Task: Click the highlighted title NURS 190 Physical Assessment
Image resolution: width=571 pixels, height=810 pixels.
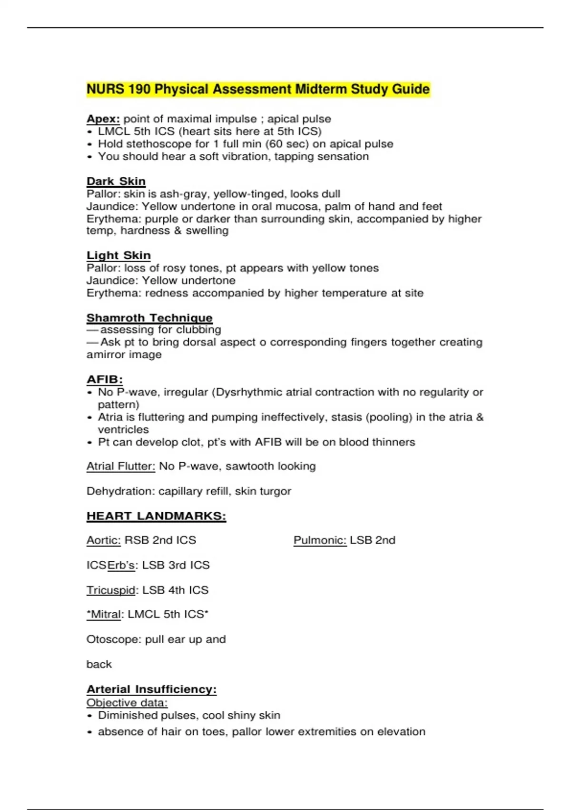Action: (258, 89)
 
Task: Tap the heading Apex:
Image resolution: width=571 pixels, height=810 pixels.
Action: (103, 119)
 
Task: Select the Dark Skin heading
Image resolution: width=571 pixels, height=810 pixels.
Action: (116, 181)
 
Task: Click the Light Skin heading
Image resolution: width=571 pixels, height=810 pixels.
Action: (118, 255)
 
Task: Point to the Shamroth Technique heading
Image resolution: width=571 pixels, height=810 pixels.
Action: (149, 318)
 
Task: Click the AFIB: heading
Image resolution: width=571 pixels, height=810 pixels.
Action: (105, 380)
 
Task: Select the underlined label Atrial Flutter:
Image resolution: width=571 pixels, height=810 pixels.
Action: (121, 466)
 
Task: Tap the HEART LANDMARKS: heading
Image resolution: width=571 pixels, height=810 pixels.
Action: (156, 516)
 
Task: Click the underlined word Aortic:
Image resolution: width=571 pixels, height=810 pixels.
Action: (104, 540)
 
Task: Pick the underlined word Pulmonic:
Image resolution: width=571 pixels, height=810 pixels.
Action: (320, 540)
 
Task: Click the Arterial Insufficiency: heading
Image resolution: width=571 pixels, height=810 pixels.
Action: (151, 689)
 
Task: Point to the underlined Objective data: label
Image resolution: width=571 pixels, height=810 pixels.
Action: (127, 703)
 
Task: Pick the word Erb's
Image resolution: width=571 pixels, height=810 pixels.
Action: (121, 565)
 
